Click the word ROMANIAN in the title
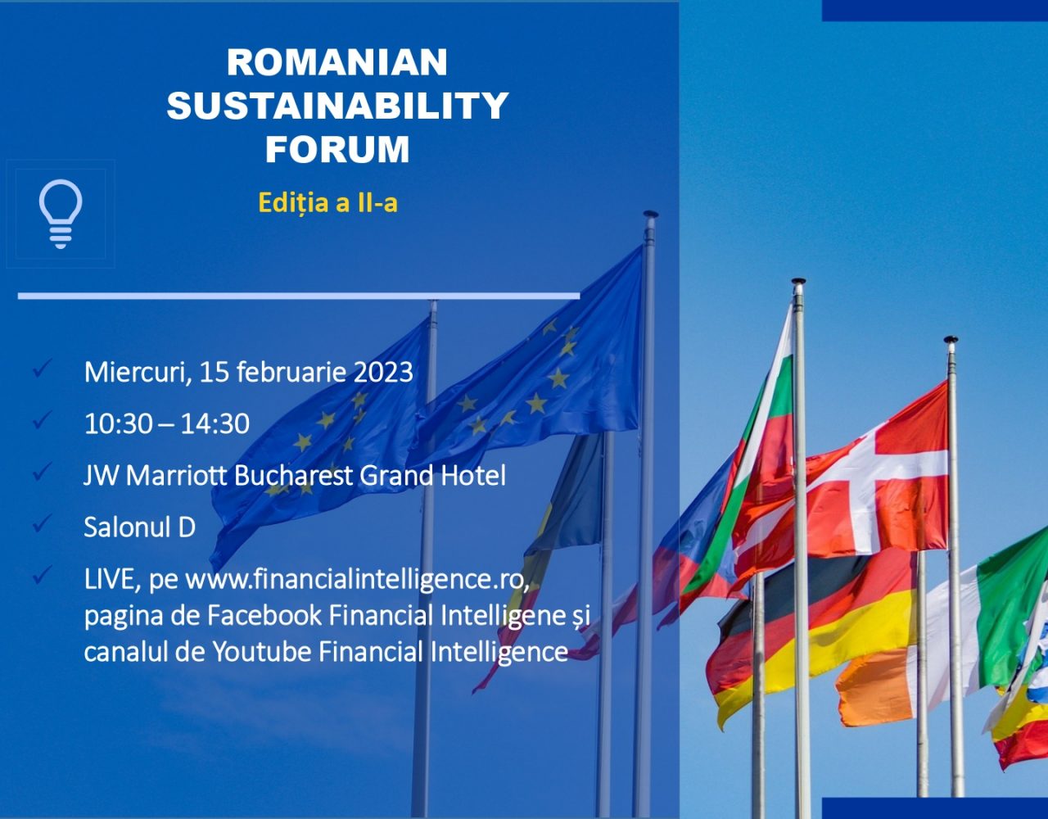[x=337, y=62]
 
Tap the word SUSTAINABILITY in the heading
[x=337, y=105]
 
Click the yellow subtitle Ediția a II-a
[x=328, y=202]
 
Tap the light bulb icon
[x=61, y=214]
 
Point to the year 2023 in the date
[x=383, y=372]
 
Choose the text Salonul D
[x=140, y=527]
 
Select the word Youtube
[x=262, y=651]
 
